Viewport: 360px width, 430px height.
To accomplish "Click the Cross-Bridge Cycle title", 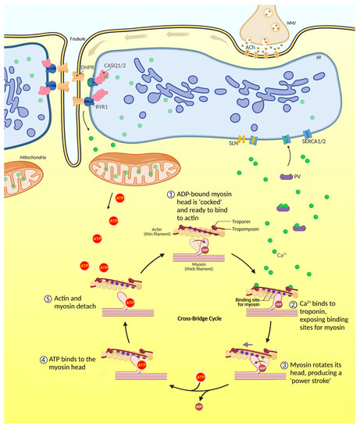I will coord(180,319).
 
